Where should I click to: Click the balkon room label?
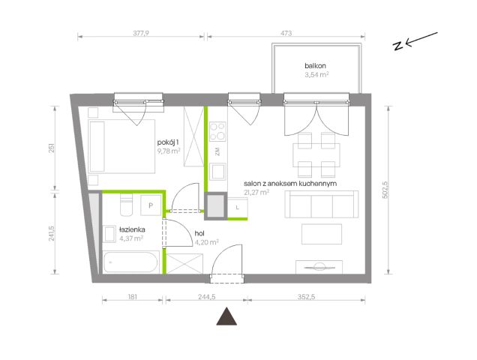(315, 66)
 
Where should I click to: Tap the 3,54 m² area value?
(316, 74)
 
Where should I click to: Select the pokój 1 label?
(168, 142)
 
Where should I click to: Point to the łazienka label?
(132, 229)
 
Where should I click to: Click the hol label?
(199, 234)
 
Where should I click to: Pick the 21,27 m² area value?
(256, 192)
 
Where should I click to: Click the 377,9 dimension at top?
(141, 33)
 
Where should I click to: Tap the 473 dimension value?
(286, 33)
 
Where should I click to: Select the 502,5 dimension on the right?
(384, 190)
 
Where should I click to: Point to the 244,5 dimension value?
(207, 297)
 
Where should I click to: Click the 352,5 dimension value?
(306, 297)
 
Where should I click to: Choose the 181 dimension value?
(133, 297)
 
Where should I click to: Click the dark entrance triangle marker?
(226, 317)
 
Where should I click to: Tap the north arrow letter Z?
(397, 46)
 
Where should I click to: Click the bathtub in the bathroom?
(130, 262)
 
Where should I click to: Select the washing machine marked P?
(151, 205)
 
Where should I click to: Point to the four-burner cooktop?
(217, 132)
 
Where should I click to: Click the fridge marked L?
(237, 208)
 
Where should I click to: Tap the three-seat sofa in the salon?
(322, 204)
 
